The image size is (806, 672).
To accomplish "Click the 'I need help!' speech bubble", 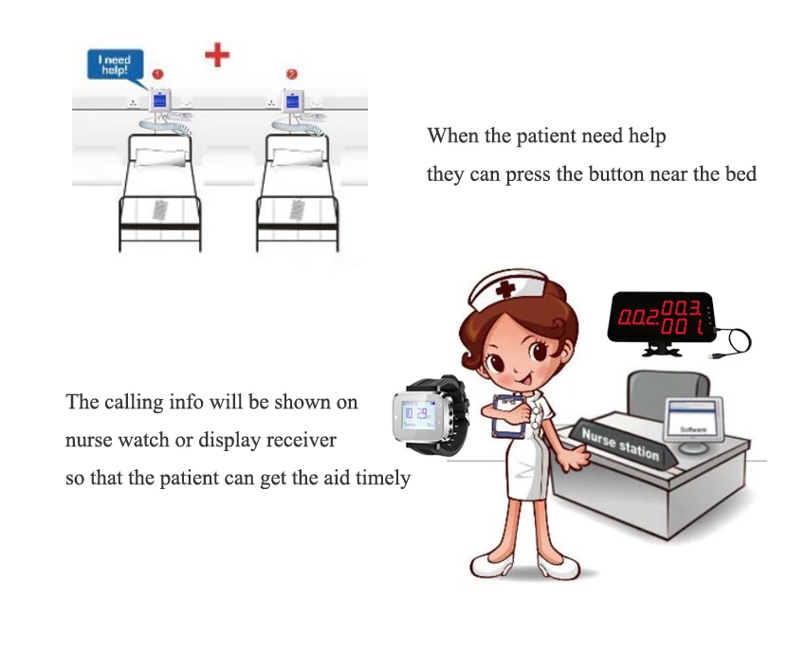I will tap(115, 64).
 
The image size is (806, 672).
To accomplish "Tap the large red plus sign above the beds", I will tap(217, 54).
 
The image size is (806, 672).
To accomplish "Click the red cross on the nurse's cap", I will tap(505, 288).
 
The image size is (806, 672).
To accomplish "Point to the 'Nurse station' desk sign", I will tap(621, 444).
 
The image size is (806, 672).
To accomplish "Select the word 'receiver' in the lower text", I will tap(297, 441).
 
